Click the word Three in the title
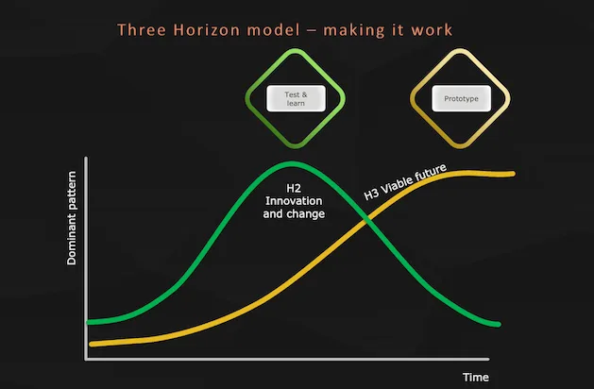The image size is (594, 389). click(140, 29)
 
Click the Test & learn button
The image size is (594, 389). click(295, 97)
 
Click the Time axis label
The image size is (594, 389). click(475, 378)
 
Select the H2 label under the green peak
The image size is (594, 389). click(294, 189)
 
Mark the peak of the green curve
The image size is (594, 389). click(287, 164)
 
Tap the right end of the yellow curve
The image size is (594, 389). click(513, 174)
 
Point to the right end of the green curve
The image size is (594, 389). click(497, 325)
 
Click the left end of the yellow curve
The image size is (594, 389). click(91, 344)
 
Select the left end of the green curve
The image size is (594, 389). click(88, 322)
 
